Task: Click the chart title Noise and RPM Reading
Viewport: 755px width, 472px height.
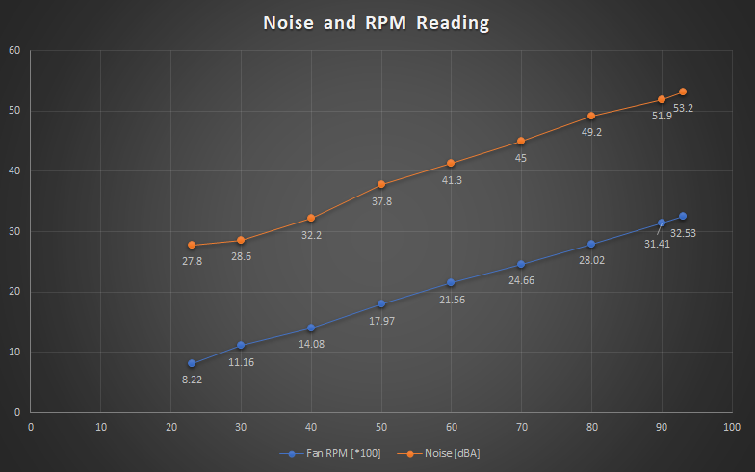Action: coord(377,22)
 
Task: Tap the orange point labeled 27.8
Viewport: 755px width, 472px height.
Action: coord(192,245)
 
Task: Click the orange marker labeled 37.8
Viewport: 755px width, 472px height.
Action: coord(381,184)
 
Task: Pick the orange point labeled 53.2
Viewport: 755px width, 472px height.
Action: coord(683,92)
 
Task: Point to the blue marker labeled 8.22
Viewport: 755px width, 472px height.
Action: coord(192,363)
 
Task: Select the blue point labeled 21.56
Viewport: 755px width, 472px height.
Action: coord(451,282)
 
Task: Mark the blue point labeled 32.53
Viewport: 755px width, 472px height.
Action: coord(683,216)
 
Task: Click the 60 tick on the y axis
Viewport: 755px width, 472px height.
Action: coord(14,50)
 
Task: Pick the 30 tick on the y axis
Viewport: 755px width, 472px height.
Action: coord(14,231)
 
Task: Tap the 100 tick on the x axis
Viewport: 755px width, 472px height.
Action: coord(732,425)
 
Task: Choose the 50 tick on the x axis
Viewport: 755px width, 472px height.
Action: coord(381,425)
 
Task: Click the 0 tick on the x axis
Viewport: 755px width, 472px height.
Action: coord(31,425)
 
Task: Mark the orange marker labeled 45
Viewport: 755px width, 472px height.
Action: coord(521,141)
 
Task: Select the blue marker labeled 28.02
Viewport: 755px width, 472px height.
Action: coord(591,244)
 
